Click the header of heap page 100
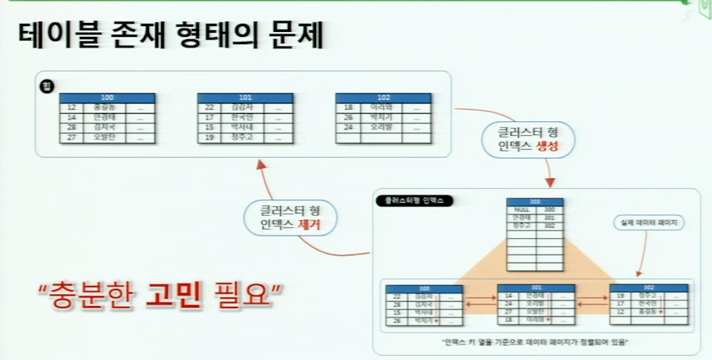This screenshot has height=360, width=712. coord(107,97)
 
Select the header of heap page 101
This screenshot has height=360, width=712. coord(245,97)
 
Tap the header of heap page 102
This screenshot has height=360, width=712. coord(383,97)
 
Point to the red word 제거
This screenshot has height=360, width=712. coord(309,223)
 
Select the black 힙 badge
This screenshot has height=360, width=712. coord(46,83)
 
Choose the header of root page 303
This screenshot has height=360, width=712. coord(534,201)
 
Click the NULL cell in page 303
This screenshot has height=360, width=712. coord(521,209)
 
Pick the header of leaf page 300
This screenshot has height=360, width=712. coord(424,288)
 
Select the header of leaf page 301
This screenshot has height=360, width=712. coord(536,288)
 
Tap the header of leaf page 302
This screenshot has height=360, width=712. coord(649,288)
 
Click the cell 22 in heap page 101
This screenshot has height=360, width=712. coord(210,107)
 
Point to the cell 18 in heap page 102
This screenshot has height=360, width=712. coord(348,107)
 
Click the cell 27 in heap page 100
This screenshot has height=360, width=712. coord(71,137)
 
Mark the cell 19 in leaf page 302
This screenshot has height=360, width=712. coord(621,296)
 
